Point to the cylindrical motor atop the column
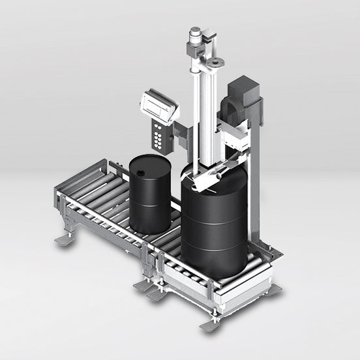(x=195, y=37)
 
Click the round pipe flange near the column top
(x=215, y=63)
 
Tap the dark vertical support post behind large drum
(x=254, y=189)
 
